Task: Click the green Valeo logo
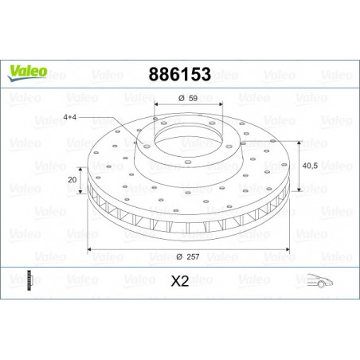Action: pyautogui.click(x=28, y=73)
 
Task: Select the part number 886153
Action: pyautogui.click(x=180, y=74)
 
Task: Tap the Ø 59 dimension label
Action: pyautogui.click(x=188, y=98)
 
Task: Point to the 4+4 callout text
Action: pyautogui.click(x=70, y=117)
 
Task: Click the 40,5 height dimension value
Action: pyautogui.click(x=310, y=166)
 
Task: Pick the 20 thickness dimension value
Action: pyautogui.click(x=72, y=180)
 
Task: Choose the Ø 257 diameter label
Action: pyautogui.click(x=188, y=256)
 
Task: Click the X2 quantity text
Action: pyautogui.click(x=180, y=281)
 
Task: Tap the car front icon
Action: pyautogui.click(x=320, y=281)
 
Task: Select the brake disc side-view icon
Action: pyautogui.click(x=29, y=280)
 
